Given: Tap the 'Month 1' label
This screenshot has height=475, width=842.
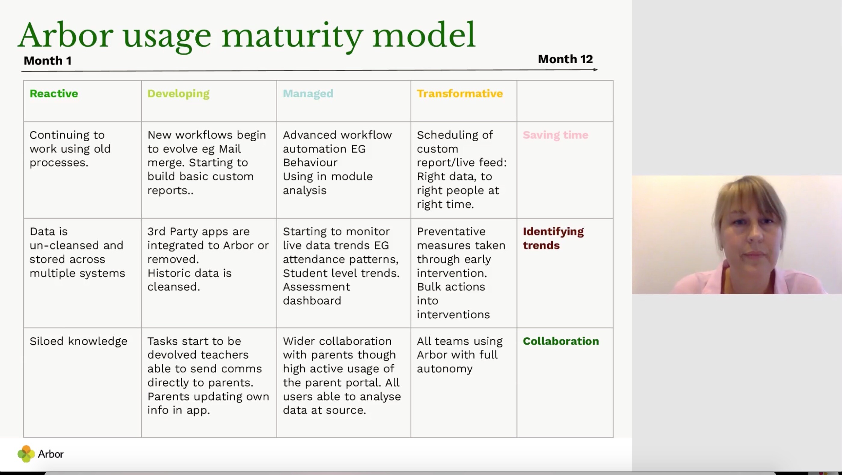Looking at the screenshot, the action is coord(48,61).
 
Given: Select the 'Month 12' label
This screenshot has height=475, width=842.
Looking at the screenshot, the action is coord(565,59).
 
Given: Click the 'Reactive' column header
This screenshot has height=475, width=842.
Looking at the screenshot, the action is coord(54,93).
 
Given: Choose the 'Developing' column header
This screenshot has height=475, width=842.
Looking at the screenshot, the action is coord(178,94).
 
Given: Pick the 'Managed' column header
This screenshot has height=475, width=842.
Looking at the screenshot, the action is coord(308,94).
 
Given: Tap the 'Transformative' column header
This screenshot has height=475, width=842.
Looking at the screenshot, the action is coord(460,93).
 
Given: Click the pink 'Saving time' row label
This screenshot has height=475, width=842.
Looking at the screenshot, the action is coord(556,135).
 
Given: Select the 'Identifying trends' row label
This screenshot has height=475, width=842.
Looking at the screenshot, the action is coord(553,238).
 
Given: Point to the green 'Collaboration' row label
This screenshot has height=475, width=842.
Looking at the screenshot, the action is coord(561,341).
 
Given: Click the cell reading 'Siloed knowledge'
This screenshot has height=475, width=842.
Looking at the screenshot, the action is coord(78,341).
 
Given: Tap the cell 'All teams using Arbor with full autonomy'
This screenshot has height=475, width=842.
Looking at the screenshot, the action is coord(460,355).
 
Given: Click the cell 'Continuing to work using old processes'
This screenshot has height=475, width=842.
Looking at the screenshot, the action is coord(70,149).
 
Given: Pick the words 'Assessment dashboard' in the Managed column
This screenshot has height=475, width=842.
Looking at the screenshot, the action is coord(316,294).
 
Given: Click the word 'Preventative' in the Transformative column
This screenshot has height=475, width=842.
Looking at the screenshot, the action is coord(451,231).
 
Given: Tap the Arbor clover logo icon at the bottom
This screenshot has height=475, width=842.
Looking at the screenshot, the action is coord(26,454).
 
